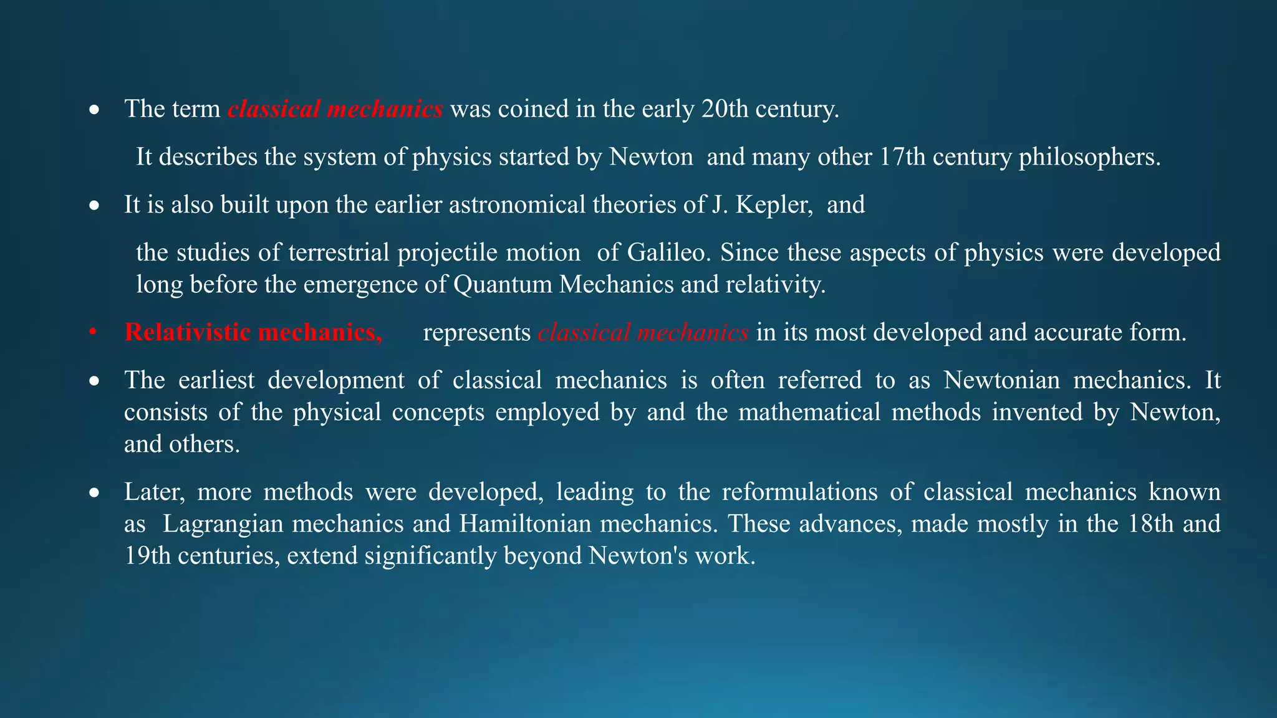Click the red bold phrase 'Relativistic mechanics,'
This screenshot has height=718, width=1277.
(x=253, y=332)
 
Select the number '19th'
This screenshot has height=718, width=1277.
(x=147, y=555)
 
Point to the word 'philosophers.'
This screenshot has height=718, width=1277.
(x=1090, y=156)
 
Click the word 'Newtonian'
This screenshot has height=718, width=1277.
(x=1001, y=380)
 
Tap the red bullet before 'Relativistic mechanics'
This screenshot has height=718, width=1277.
(x=93, y=333)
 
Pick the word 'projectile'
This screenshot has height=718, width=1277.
(x=448, y=252)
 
